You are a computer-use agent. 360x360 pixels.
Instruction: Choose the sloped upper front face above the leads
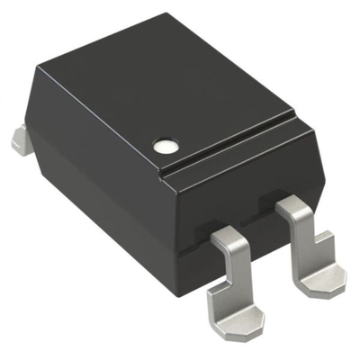click(252, 184)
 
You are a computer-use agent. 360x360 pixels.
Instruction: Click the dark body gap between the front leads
click(270, 247)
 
